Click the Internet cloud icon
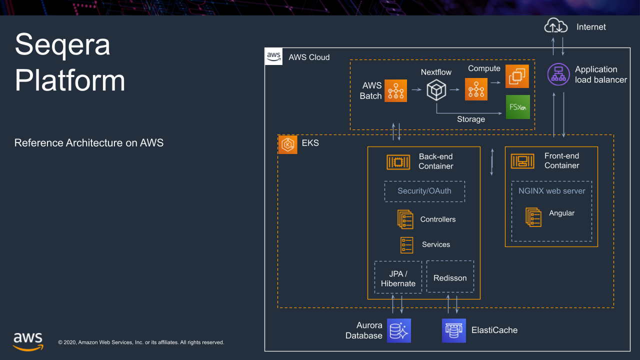tap(556, 25)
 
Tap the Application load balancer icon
tap(558, 74)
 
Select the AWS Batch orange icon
tap(395, 90)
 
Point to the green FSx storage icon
tap(517, 106)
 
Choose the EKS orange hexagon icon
tap(288, 144)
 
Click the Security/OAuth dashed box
tap(424, 191)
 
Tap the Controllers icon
tap(405, 219)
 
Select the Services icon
tap(407, 244)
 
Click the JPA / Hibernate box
tap(398, 278)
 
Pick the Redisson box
tap(450, 277)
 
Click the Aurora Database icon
tap(398, 330)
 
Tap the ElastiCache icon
tap(453, 330)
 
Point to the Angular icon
tap(533, 216)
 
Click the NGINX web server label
tap(551, 190)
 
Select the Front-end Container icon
tap(522, 161)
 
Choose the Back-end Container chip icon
tap(398, 161)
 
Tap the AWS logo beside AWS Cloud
tap(273, 56)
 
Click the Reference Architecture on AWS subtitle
tap(89, 143)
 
